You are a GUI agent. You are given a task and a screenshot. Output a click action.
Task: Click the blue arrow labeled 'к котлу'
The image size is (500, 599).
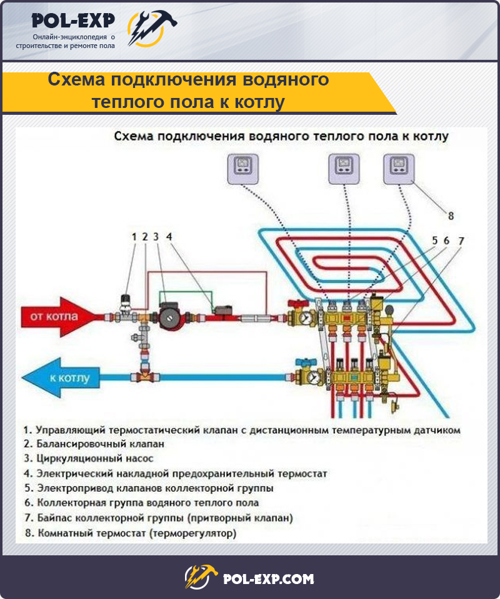61,378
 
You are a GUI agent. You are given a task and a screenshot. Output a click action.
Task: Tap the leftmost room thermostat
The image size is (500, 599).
243,169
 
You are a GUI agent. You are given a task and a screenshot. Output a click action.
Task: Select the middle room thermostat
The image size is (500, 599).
344,169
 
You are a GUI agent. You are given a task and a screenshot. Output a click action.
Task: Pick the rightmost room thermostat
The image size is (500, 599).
399,169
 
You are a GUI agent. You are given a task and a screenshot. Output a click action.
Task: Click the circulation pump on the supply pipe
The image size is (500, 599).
168,316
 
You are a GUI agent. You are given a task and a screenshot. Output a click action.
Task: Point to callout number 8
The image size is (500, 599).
451,216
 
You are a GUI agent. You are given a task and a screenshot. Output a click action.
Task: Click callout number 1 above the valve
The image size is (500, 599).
134,237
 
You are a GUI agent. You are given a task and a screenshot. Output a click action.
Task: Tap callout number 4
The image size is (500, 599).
169,237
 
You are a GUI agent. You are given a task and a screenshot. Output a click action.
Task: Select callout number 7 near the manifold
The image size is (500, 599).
461,241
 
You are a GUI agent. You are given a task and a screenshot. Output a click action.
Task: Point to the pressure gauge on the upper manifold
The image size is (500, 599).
306,318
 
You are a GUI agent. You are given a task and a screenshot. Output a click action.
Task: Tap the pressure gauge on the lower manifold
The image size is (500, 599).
314,377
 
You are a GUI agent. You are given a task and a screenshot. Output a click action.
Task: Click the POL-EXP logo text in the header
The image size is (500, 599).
73,21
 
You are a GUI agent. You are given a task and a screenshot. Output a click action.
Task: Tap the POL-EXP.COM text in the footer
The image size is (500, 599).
268,579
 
